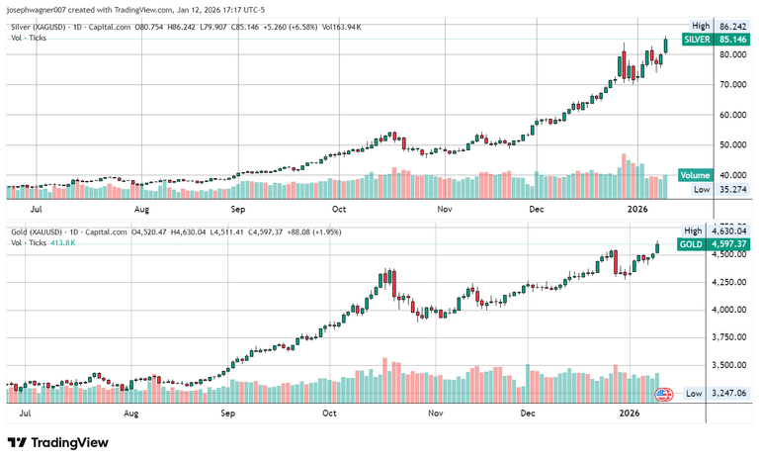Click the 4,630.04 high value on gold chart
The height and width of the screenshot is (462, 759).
coord(726,231)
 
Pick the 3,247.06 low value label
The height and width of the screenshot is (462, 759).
coord(726,394)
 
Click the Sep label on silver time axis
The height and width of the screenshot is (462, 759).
coord(238,210)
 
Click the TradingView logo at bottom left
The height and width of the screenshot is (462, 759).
coord(58,442)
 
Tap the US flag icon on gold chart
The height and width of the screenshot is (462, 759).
coord(663,394)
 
